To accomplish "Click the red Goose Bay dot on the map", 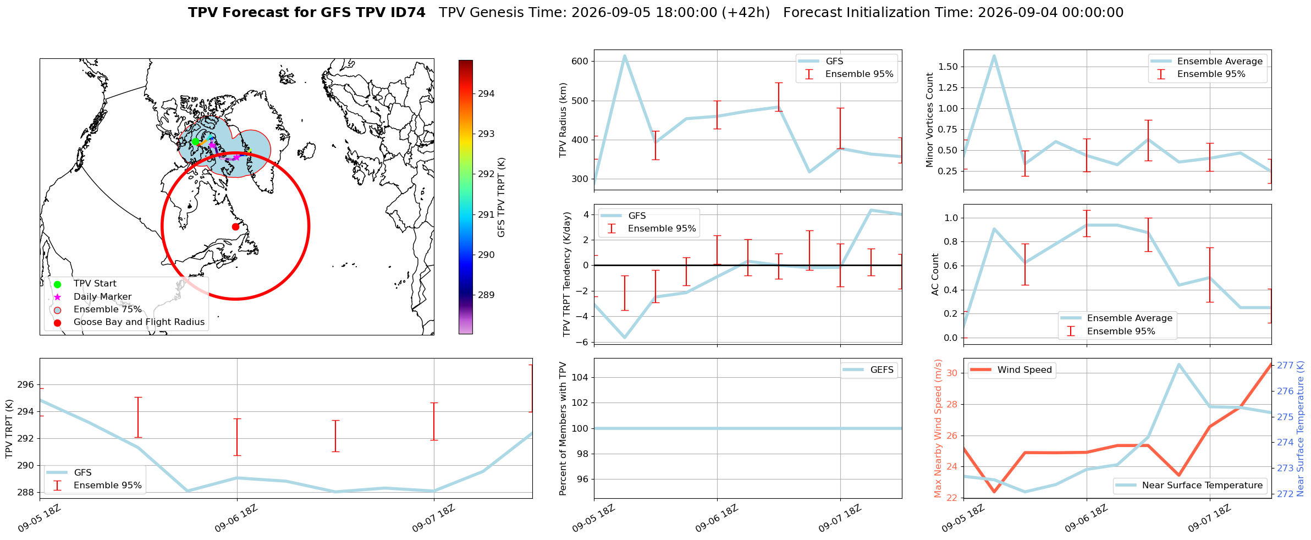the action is (235, 227).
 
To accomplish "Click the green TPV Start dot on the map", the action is (195, 141).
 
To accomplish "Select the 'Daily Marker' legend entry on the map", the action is (102, 297).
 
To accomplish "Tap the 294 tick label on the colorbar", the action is (486, 94).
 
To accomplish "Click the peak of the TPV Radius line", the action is (625, 56).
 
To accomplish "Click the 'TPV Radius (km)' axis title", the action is (563, 120).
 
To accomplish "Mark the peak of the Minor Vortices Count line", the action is (994, 56).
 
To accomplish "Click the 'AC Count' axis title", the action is (935, 274).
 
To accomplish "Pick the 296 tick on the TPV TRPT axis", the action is (26, 385).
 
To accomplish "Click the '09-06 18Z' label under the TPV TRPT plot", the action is (236, 517).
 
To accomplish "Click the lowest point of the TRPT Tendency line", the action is (625, 338).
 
